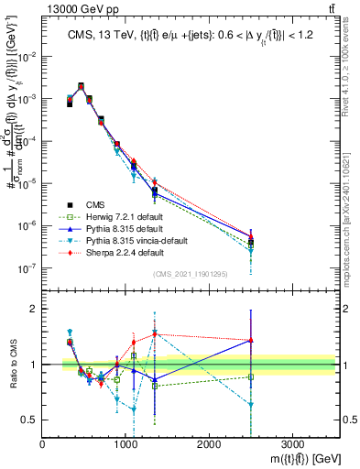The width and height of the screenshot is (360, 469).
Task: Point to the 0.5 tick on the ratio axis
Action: click(x=29, y=419)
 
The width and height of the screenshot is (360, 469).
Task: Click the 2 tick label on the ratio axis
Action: click(x=33, y=309)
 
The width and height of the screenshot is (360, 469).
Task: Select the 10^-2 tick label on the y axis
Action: click(x=27, y=57)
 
